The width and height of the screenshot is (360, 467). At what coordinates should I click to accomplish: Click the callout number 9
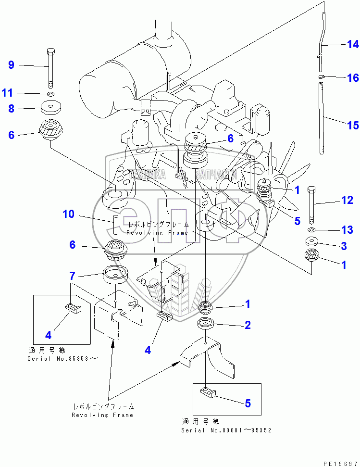[x=11, y=64]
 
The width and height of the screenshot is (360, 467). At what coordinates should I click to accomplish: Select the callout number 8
[x=11, y=109]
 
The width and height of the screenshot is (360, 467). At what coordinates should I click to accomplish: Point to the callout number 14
[x=353, y=45]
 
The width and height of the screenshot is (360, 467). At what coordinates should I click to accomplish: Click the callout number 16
[x=353, y=78]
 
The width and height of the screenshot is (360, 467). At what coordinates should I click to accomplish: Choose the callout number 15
[x=353, y=126]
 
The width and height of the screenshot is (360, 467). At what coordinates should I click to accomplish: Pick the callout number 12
[x=347, y=200]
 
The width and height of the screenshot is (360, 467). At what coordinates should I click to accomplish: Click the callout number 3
[x=344, y=246]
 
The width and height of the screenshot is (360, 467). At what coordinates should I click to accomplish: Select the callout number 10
[x=69, y=214]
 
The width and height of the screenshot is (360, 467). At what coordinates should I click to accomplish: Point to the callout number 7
[x=72, y=276]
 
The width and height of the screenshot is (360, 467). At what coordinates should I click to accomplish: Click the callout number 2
[x=248, y=325]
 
